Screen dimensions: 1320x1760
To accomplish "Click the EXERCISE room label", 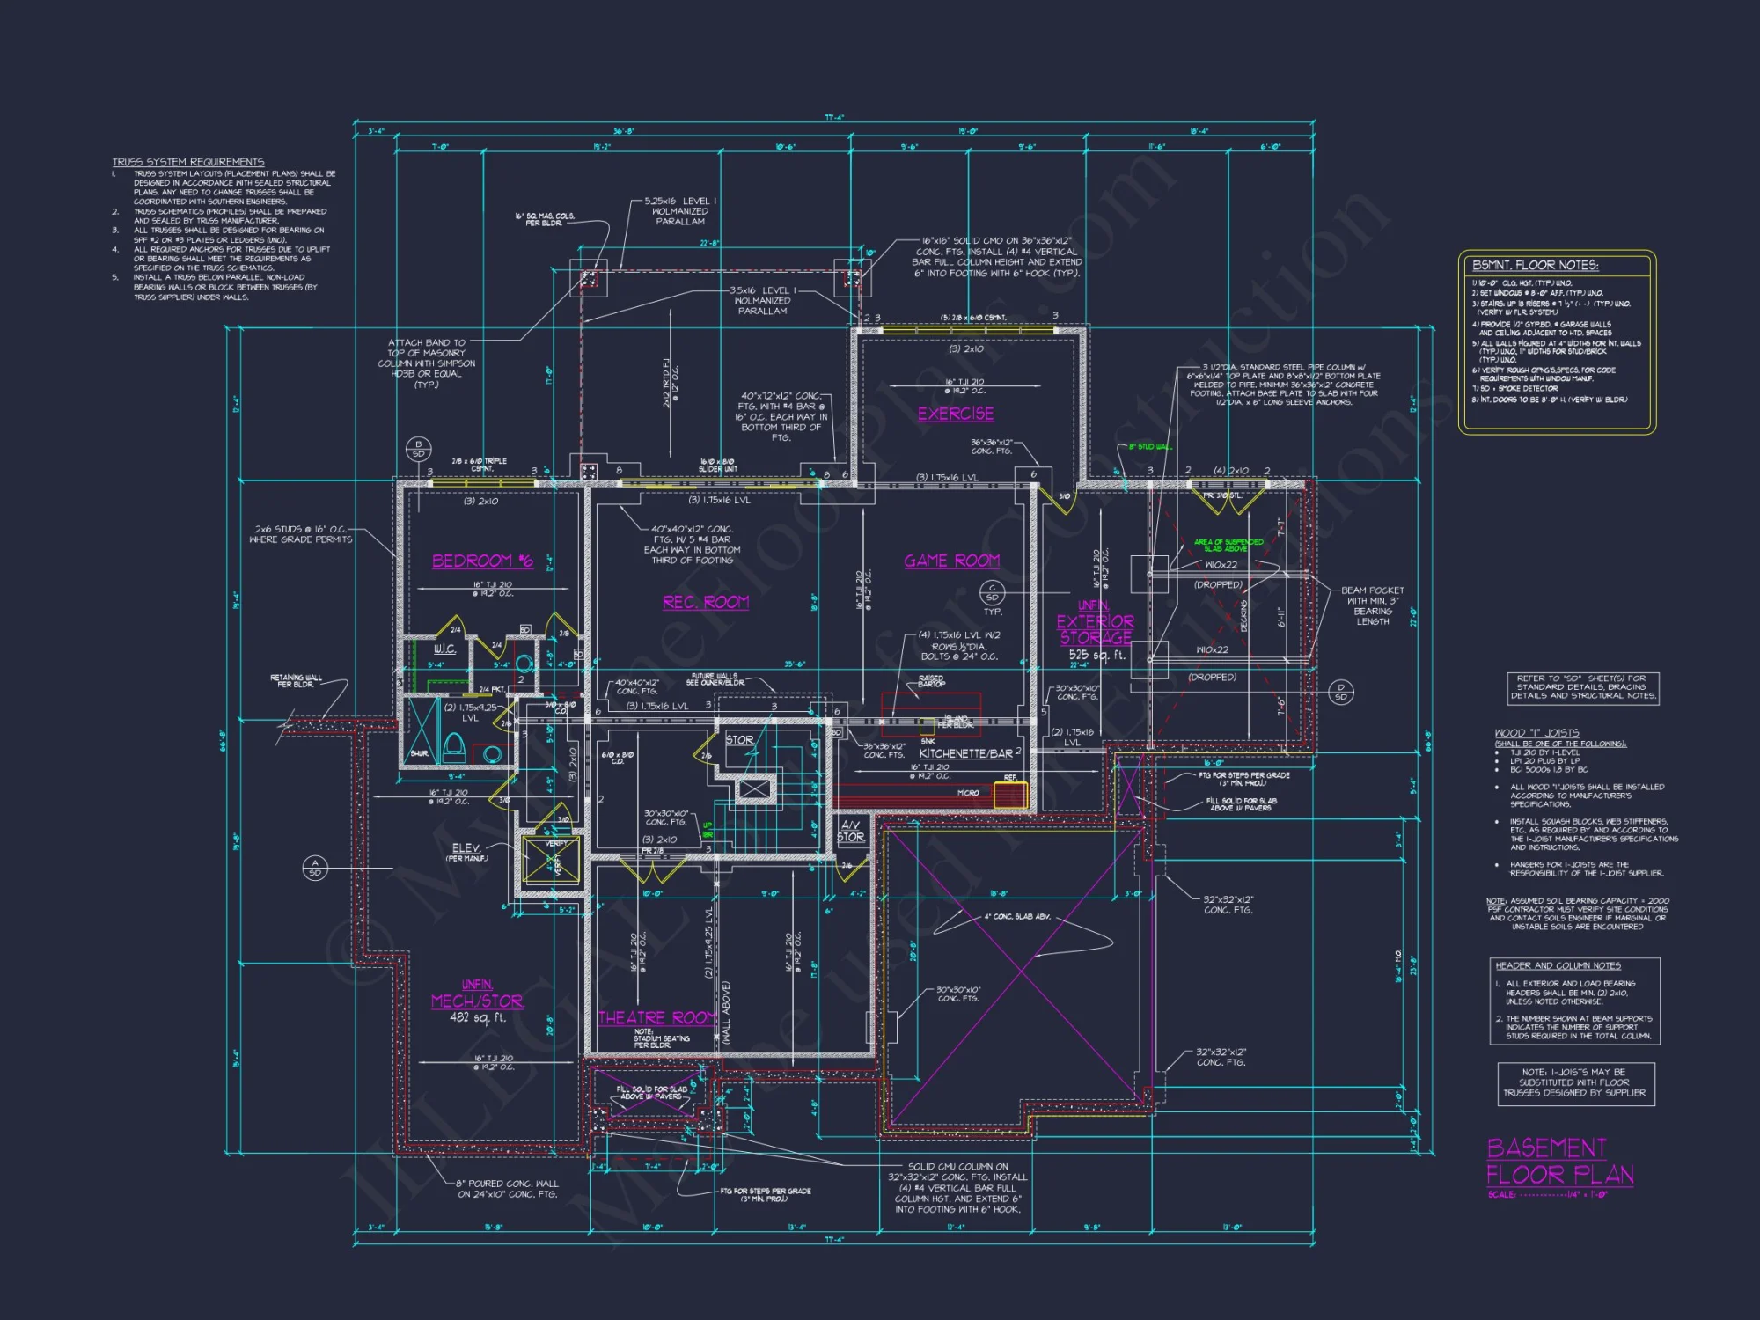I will pos(956,414).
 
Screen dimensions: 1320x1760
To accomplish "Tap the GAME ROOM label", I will pos(951,561).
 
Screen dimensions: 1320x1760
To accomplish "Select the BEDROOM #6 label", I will pos(482,561).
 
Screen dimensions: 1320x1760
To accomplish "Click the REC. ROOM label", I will pos(706,602).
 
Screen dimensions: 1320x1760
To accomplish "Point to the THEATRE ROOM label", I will pos(657,1018).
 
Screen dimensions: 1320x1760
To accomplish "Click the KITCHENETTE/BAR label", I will pos(966,753).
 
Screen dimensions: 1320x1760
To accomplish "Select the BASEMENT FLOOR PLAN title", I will pos(1558,1162).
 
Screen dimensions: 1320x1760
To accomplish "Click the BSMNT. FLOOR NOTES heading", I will pos(1535,265).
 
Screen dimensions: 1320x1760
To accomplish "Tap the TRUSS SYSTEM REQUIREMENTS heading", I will pos(187,162).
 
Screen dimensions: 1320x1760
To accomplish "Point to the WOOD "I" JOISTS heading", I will pos(1536,732).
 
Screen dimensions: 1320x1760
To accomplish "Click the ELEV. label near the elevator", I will pos(466,847).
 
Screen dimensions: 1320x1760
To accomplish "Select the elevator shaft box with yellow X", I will pos(551,860).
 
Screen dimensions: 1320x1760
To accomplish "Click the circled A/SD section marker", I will pos(315,868).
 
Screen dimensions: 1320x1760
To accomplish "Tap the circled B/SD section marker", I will pos(418,449).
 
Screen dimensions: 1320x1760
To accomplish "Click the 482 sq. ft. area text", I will pos(477,1017).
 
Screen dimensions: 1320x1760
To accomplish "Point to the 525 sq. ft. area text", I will pos(1096,655).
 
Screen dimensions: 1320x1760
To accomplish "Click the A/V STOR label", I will pos(850,831).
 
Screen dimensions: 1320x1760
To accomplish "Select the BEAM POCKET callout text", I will pos(1372,605).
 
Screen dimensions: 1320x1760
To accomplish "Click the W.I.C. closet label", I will pos(444,649).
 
